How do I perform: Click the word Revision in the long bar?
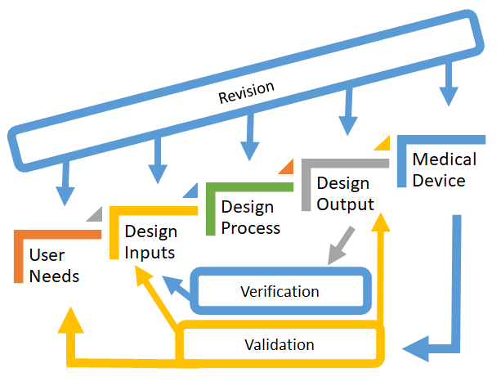246,92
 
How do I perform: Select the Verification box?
280,291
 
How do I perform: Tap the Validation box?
279,344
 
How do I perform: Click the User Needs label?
54,266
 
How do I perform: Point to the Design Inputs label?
150,242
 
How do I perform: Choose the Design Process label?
251,217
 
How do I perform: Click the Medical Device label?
439,169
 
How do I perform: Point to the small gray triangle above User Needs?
95,214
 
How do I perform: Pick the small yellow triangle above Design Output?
382,144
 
